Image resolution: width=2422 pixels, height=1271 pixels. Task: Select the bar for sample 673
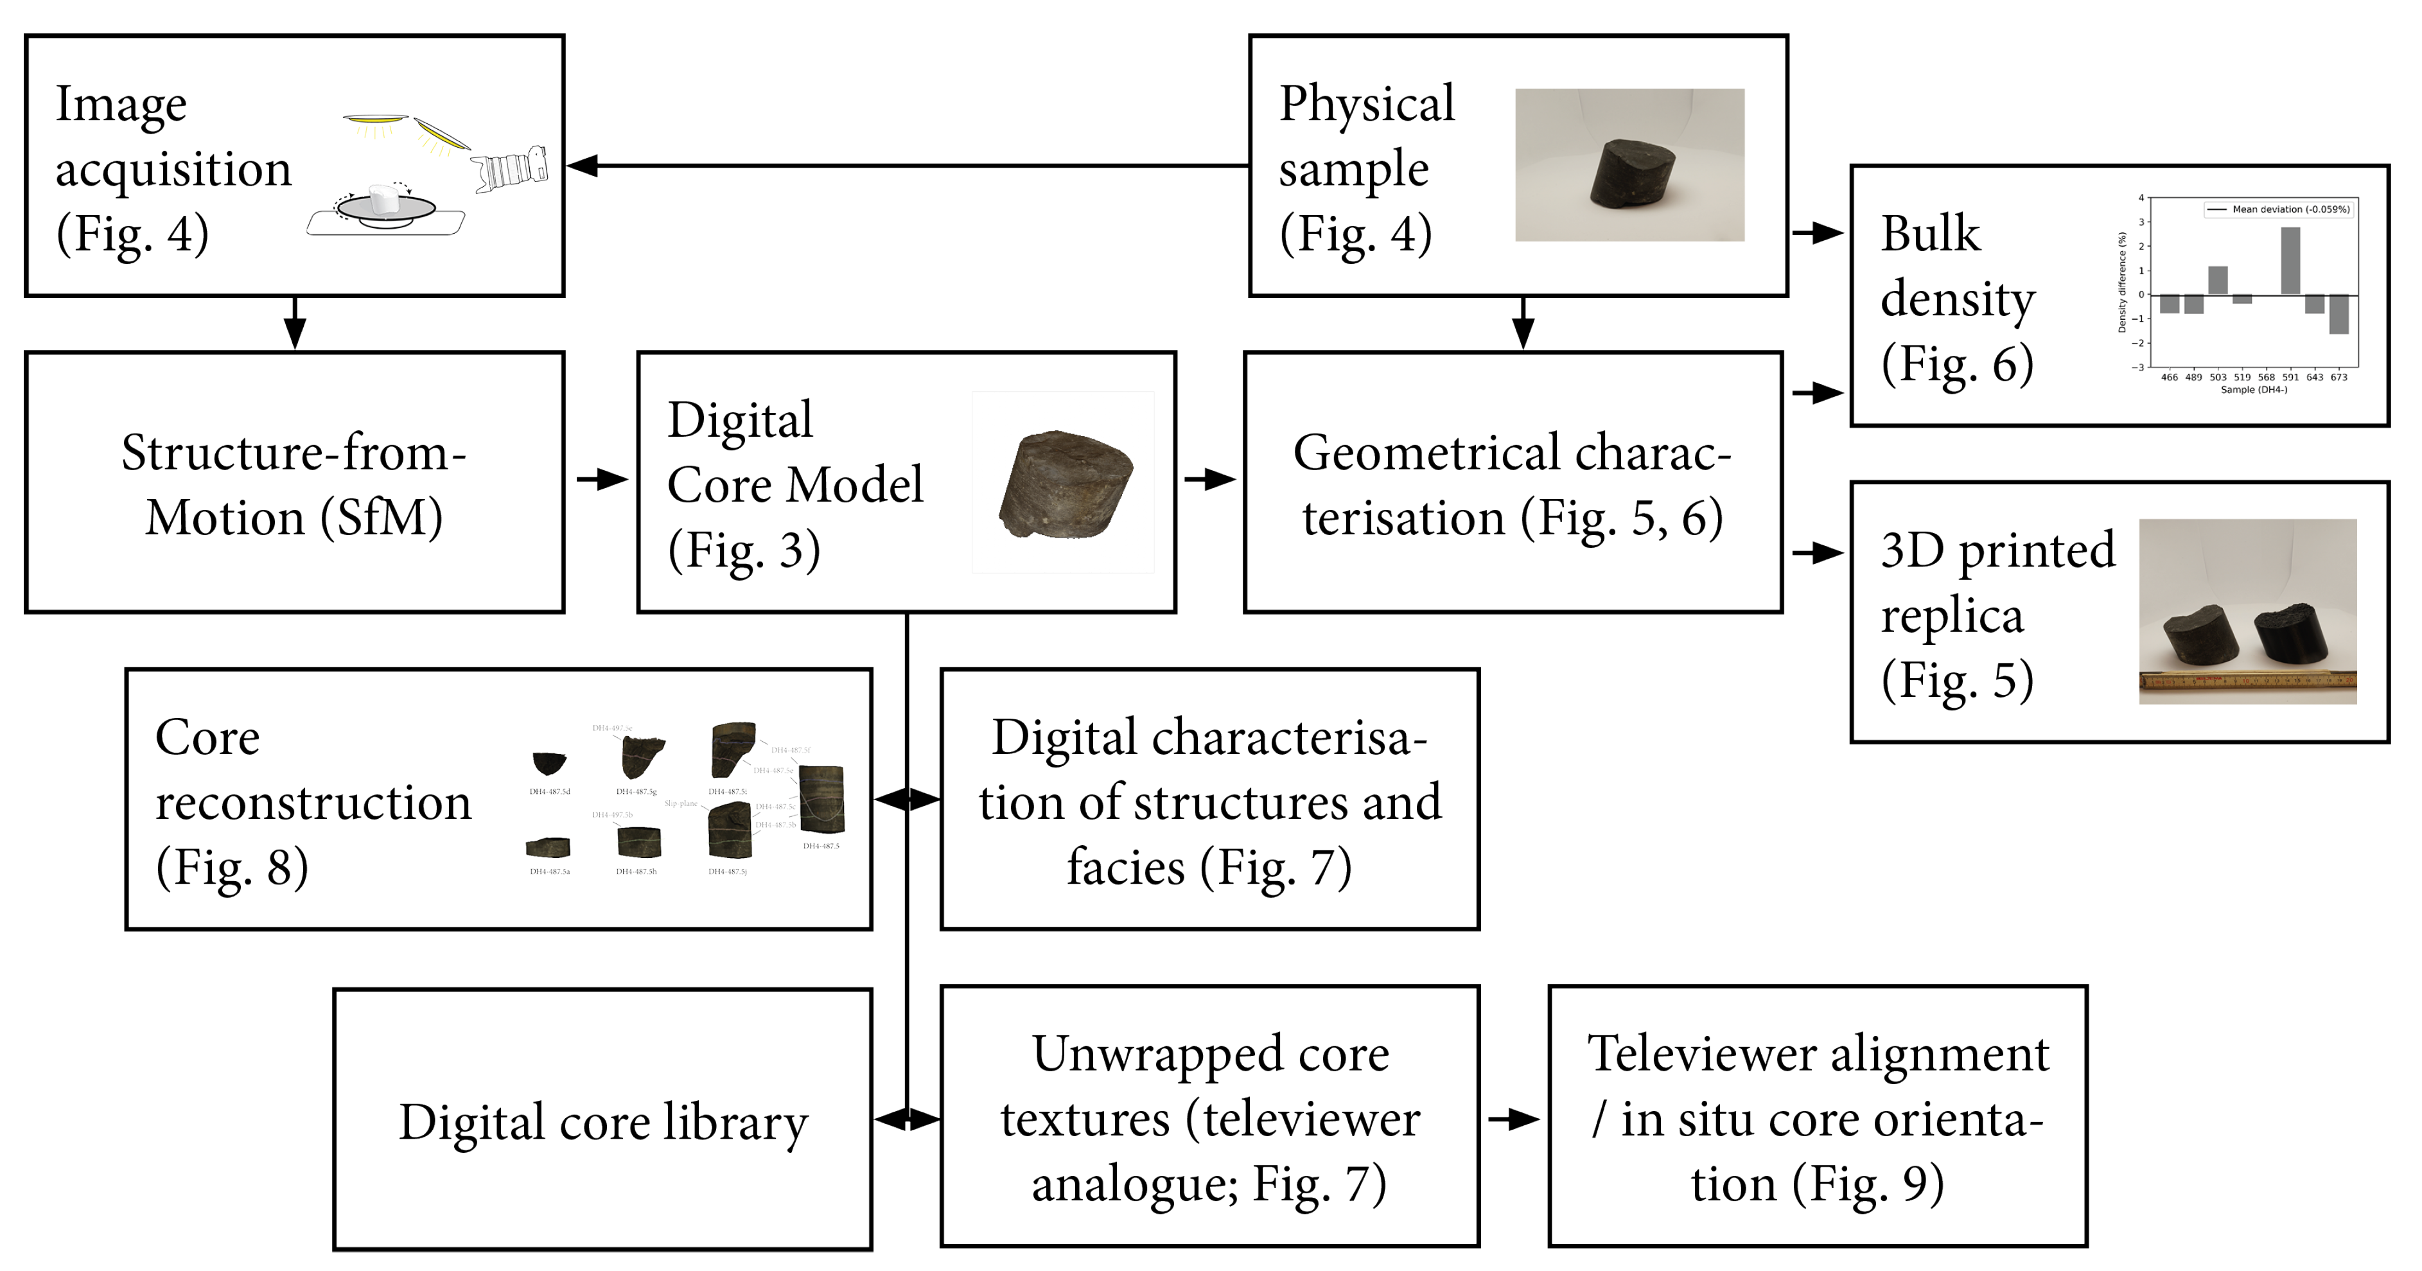[2339, 315]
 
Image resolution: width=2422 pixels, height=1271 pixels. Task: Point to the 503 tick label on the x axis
[2218, 377]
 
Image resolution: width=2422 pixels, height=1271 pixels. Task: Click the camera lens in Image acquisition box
[511, 169]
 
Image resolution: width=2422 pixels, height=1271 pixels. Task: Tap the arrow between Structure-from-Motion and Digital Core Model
[602, 480]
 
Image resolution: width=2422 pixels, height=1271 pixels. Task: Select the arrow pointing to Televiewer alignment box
[1514, 1119]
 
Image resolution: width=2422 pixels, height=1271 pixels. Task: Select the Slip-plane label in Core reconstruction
[681, 804]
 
